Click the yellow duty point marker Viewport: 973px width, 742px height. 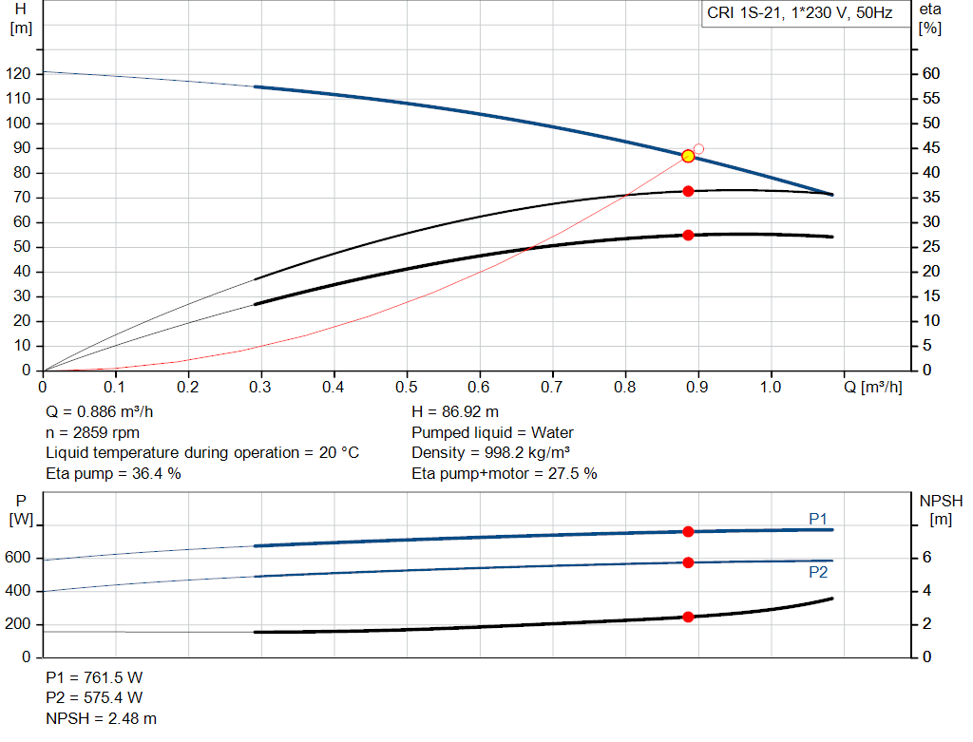tap(688, 156)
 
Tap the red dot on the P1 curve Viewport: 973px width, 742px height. tap(688, 532)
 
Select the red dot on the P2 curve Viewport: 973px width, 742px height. tap(688, 562)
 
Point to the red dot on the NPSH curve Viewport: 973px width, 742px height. tap(688, 617)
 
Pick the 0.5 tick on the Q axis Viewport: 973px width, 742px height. tap(407, 388)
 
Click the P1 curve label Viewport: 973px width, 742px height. tap(818, 518)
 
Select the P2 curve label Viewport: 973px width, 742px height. tap(818, 572)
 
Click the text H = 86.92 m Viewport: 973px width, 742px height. tap(455, 412)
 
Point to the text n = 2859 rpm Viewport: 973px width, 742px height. tap(91, 432)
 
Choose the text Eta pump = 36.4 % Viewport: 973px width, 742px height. tap(113, 473)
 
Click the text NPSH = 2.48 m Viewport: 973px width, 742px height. tap(102, 718)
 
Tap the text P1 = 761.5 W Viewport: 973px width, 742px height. tap(94, 677)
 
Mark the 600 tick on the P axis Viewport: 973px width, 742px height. tap(19, 559)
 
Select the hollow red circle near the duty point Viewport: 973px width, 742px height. tap(698, 149)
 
